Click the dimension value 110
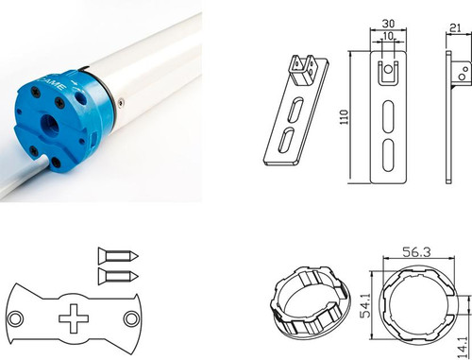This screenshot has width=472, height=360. pyautogui.click(x=345, y=117)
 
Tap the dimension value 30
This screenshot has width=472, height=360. pyautogui.click(x=388, y=24)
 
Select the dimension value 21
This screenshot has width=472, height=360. pyautogui.click(x=455, y=28)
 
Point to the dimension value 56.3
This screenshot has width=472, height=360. pyautogui.click(x=416, y=252)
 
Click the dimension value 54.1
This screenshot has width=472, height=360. pyautogui.click(x=364, y=305)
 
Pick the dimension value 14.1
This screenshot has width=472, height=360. pyautogui.click(x=462, y=347)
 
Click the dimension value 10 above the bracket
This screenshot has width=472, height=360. pyautogui.click(x=388, y=36)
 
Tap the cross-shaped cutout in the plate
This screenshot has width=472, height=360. pyautogui.click(x=74, y=318)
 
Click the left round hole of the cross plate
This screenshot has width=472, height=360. pyautogui.click(x=15, y=318)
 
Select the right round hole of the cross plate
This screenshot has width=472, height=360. pyautogui.click(x=131, y=318)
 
